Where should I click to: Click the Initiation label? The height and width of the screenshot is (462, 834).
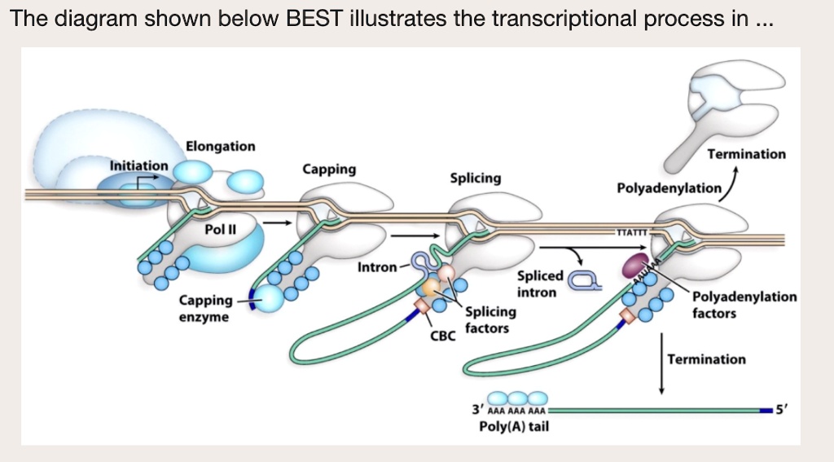[139, 165]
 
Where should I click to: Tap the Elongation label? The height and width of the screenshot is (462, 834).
[220, 147]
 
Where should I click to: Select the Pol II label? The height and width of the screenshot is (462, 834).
[220, 230]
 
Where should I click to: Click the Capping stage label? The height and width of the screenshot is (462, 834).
[329, 169]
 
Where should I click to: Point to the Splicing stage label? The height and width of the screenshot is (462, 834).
[476, 178]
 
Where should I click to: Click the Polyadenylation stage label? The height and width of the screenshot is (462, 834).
[669, 189]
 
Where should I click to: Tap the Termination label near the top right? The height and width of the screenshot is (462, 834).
[747, 154]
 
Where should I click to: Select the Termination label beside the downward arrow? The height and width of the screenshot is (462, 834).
[706, 359]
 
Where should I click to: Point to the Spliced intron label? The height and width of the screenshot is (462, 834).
[537, 284]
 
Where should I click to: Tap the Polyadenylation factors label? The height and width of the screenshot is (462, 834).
[744, 305]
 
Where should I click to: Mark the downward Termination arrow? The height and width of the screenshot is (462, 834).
[661, 363]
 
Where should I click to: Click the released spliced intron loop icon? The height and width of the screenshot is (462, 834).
[583, 282]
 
